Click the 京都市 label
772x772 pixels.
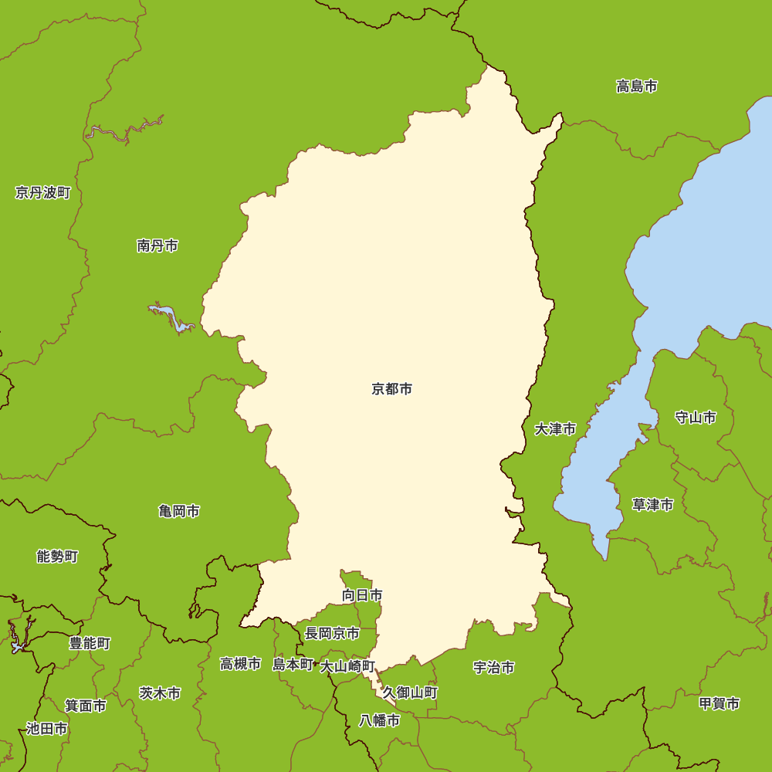[x=392, y=389]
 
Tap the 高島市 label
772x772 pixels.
[x=637, y=86]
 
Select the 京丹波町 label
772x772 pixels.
[x=43, y=192]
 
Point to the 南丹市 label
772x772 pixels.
[x=157, y=245]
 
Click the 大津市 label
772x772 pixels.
[x=555, y=428]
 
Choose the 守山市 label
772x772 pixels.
[x=696, y=418]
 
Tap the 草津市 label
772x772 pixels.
[x=652, y=505]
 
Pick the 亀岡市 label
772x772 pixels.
[x=179, y=511]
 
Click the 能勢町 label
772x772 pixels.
[x=57, y=556]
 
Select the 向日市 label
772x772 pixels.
[x=362, y=595]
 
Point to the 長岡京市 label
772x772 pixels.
[x=332, y=633]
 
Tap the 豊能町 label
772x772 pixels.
[x=90, y=643]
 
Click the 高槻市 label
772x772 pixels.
[x=240, y=664]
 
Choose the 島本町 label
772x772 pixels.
[x=293, y=664]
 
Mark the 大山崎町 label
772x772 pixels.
[x=348, y=665]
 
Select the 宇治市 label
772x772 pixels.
[x=494, y=668]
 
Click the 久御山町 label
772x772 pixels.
[x=410, y=692]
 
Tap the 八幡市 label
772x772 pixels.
[x=380, y=720]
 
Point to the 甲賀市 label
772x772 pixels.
[x=719, y=703]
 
